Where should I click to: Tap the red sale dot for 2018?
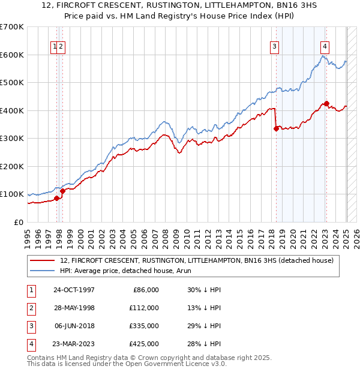click(276, 128)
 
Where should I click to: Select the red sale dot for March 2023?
click(326, 103)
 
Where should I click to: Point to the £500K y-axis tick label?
click(12, 82)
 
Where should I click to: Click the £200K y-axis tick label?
click(12, 166)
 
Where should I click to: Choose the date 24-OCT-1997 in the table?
click(74, 290)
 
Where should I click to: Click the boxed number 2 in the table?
click(31, 308)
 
